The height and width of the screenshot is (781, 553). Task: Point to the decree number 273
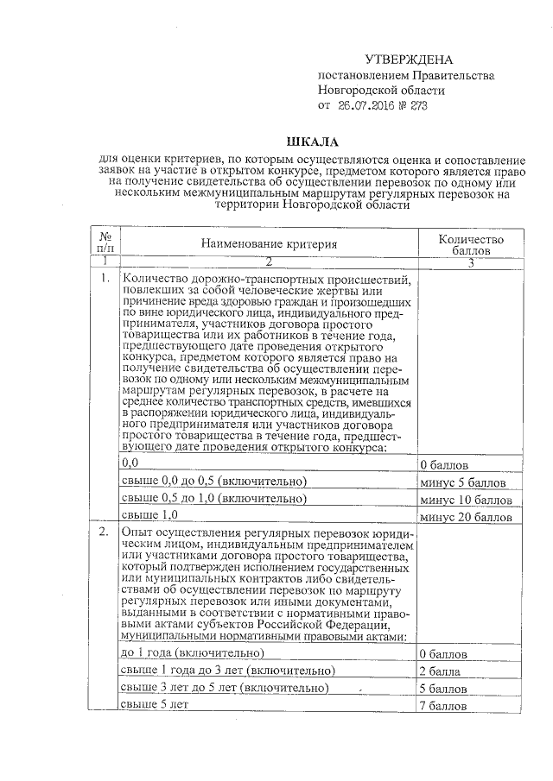[x=417, y=105]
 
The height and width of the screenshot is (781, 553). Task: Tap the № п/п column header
[x=107, y=242]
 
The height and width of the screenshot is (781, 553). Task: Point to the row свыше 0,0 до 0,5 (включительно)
[x=215, y=481]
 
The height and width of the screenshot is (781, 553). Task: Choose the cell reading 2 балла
[x=439, y=671]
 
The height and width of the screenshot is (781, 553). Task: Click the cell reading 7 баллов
[x=442, y=706]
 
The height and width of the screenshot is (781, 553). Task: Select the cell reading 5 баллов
[x=442, y=689]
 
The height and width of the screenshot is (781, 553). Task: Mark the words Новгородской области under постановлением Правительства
[x=381, y=90]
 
